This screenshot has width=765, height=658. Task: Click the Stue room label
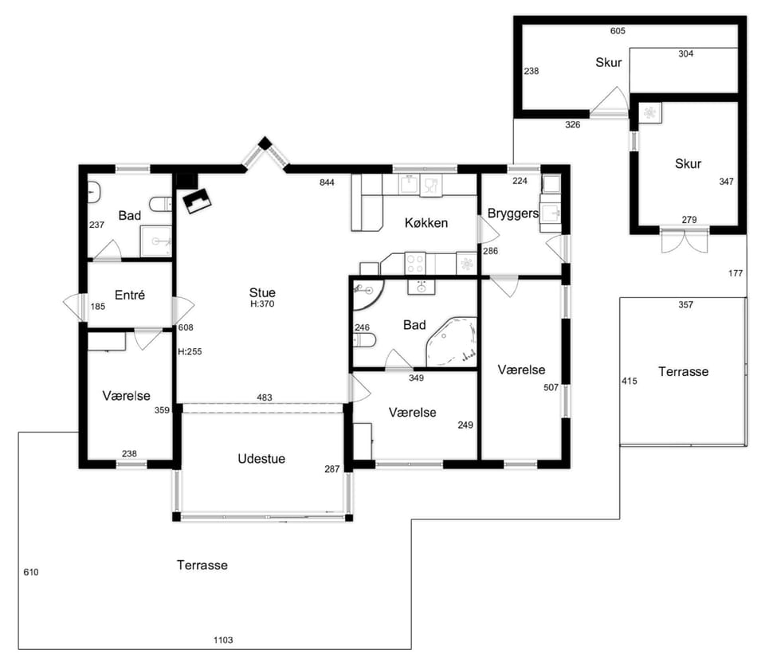(262, 292)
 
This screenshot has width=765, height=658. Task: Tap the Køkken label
(426, 223)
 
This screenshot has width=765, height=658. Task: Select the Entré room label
(130, 295)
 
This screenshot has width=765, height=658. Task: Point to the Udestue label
(261, 459)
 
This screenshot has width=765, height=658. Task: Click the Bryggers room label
(512, 213)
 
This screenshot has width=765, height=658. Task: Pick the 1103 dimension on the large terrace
(223, 640)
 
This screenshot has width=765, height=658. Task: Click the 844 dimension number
(327, 182)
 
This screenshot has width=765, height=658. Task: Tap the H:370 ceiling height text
(262, 304)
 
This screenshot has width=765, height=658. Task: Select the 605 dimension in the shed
(618, 31)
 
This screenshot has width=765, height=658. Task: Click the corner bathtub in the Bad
(451, 342)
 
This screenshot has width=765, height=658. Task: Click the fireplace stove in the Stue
(197, 201)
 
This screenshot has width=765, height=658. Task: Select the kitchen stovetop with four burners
(415, 264)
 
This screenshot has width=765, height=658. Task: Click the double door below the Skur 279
(684, 240)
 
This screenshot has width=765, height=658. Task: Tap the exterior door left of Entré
(75, 307)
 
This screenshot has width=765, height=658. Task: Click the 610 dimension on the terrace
(31, 572)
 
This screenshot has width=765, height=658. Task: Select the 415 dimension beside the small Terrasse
(630, 381)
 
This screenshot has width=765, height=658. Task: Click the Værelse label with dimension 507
(521, 370)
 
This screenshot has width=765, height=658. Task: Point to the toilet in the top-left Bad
(161, 205)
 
